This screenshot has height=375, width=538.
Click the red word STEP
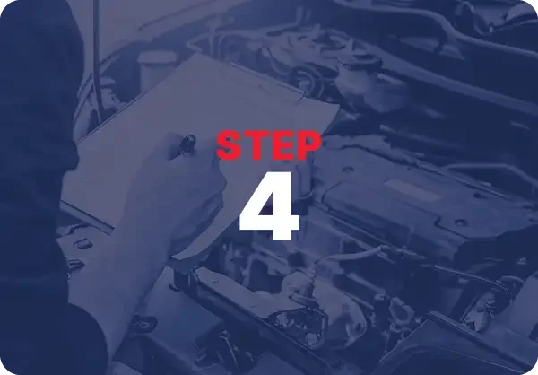pos(268,145)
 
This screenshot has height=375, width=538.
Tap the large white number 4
pos(268,207)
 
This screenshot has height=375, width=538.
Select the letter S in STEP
pos(230,145)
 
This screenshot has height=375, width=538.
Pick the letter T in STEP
pos(256,145)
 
